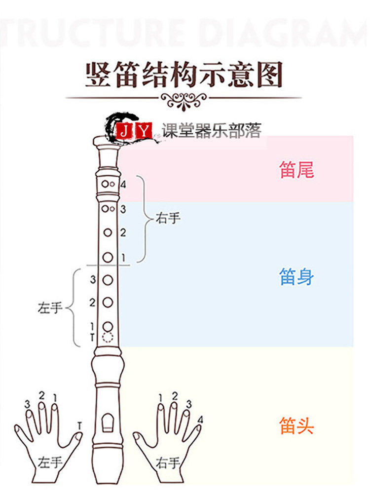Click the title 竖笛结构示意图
184,75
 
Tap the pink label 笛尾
296,170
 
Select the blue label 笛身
296,277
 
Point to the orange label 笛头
296,425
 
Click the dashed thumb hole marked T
108,338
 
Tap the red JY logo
134,131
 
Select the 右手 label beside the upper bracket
168,218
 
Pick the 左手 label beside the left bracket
50,308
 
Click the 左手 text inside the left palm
50,462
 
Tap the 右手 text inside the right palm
168,462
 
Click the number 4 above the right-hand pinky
200,420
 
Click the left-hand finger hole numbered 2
108,302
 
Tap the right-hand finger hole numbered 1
108,257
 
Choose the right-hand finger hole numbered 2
108,232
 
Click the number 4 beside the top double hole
123,185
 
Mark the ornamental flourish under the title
184,101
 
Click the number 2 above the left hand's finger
41,395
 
